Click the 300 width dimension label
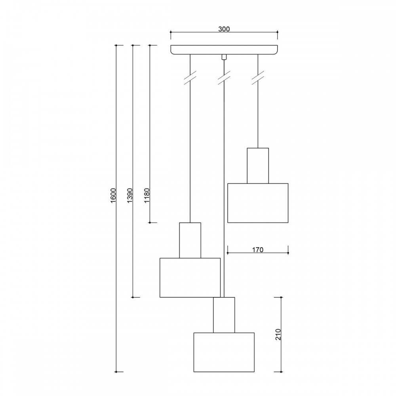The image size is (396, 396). tap(224, 29)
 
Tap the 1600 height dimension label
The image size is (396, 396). tap(113, 195)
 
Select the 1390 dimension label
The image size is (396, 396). tap(129, 195)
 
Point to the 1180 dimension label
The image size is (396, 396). tap(147, 195)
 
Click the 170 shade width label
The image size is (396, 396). tap(258, 250)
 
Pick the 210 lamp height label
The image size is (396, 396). tap(278, 334)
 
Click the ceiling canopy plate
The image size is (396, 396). tap(224, 50)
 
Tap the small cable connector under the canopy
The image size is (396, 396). tap(224, 57)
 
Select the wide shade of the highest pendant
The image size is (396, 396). tap(258, 203)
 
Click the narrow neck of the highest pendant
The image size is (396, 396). tap(258, 166)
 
